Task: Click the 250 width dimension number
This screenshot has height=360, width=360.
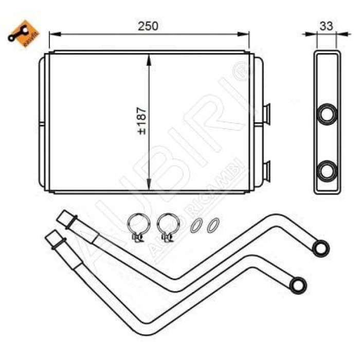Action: pos(148,26)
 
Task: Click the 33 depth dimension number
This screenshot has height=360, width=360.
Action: pos(326,25)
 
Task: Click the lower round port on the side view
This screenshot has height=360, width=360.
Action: pos(327,170)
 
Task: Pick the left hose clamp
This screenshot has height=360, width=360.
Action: pos(137,227)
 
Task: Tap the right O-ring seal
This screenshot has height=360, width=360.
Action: pos(212,225)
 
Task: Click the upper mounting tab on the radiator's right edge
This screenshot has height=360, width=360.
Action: pos(266,112)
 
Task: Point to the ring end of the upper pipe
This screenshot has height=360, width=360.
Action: pos(321,247)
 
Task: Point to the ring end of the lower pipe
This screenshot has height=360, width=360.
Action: pos(298,283)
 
